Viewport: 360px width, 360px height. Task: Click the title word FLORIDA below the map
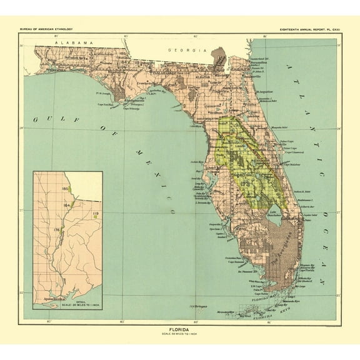(x=181, y=326)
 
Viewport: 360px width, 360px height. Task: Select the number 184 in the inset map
(x=66, y=205)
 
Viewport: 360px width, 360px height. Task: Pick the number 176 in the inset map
(x=57, y=230)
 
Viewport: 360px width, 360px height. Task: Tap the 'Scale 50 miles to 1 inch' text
(x=181, y=331)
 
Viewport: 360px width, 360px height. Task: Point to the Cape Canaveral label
(x=296, y=152)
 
